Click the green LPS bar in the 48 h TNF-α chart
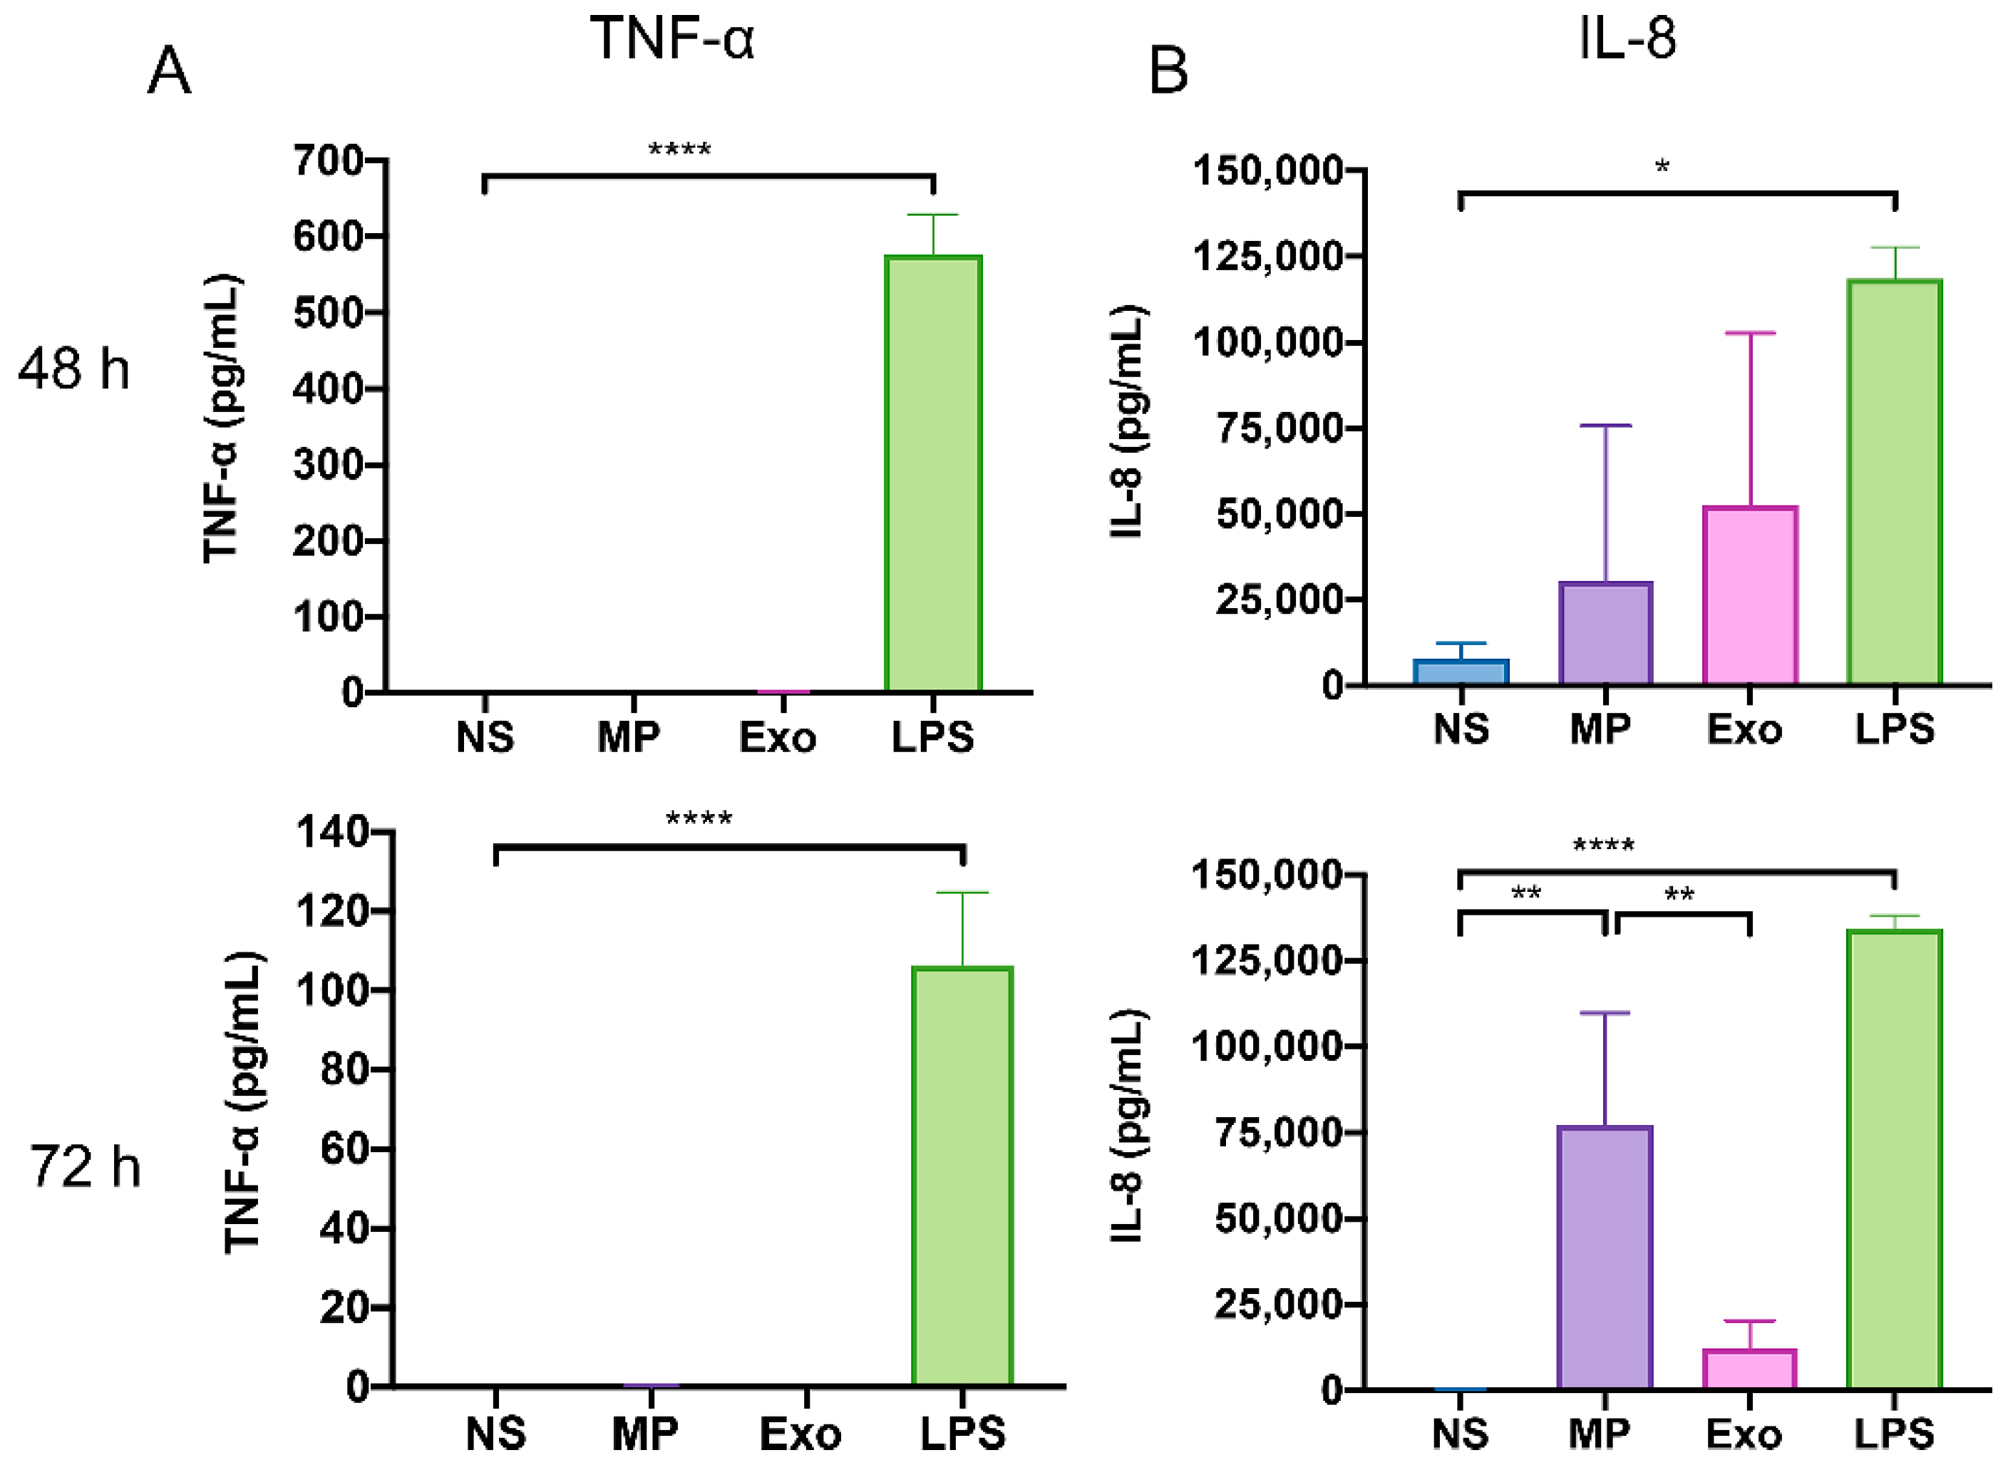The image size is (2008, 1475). (932, 473)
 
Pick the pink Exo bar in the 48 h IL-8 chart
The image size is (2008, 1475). (1749, 595)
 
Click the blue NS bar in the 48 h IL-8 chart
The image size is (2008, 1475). (1461, 672)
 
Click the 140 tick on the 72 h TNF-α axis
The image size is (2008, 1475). (331, 831)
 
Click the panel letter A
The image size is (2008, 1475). (169, 71)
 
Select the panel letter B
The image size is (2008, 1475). (1168, 71)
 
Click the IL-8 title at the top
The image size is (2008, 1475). (1627, 38)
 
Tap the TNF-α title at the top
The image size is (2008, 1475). (672, 38)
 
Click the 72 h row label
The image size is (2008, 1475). (85, 1167)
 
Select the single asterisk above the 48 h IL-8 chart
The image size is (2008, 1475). (1662, 167)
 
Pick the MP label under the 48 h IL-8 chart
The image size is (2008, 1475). (1600, 729)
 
